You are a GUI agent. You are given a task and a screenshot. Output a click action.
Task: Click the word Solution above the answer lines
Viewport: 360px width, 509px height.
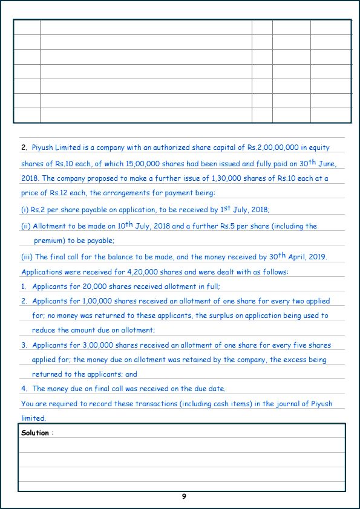click(34, 433)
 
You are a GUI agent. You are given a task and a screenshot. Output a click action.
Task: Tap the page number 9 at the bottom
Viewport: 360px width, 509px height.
click(184, 496)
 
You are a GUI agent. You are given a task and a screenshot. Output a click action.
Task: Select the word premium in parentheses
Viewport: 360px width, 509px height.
click(52, 241)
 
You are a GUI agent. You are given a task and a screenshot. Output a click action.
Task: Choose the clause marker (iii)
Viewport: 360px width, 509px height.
click(27, 257)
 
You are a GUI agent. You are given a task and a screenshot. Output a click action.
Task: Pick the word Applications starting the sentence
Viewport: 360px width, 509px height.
click(42, 272)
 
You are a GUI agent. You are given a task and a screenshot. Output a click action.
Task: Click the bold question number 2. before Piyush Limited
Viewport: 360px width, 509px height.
click(24, 148)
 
